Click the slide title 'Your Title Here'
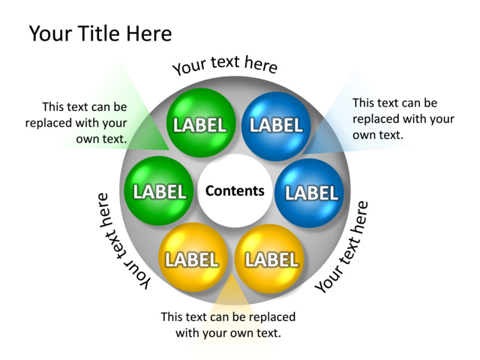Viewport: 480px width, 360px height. coord(100,34)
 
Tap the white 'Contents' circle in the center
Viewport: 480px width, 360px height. coord(235,190)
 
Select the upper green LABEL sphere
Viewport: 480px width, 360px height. coord(199,124)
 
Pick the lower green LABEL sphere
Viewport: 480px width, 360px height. coord(158,191)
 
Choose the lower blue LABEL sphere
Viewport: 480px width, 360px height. coord(310,192)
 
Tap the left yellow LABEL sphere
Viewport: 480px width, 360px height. coord(192,259)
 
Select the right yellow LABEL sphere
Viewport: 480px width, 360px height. coord(271,259)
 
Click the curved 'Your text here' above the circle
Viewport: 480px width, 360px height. coord(225,64)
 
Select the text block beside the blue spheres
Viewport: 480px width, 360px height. coord(403,118)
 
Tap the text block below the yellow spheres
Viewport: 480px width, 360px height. coord(228,324)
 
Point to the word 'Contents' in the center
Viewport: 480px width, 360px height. coord(235,190)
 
